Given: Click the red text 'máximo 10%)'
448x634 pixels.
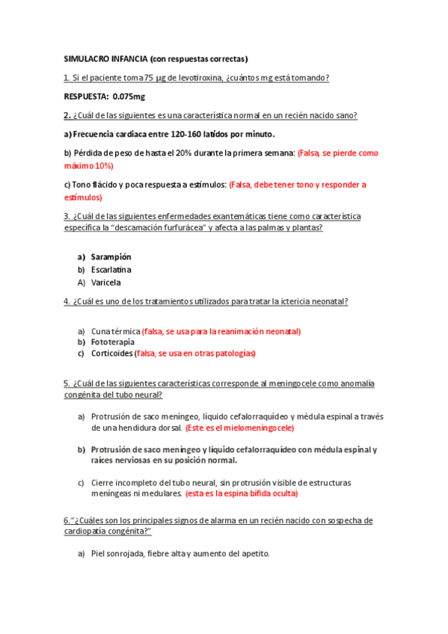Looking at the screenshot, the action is pos(89,165).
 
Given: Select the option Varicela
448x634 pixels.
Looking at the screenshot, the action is pos(106,283).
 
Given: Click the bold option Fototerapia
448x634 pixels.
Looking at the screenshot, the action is pos(113,342).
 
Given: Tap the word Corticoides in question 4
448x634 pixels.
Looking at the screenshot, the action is pos(112,354).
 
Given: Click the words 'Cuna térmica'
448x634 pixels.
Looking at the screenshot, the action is pos(115,330).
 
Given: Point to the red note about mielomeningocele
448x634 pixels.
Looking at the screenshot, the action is pos(239,428).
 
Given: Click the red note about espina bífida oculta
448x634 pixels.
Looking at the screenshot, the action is pos(241,493).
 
